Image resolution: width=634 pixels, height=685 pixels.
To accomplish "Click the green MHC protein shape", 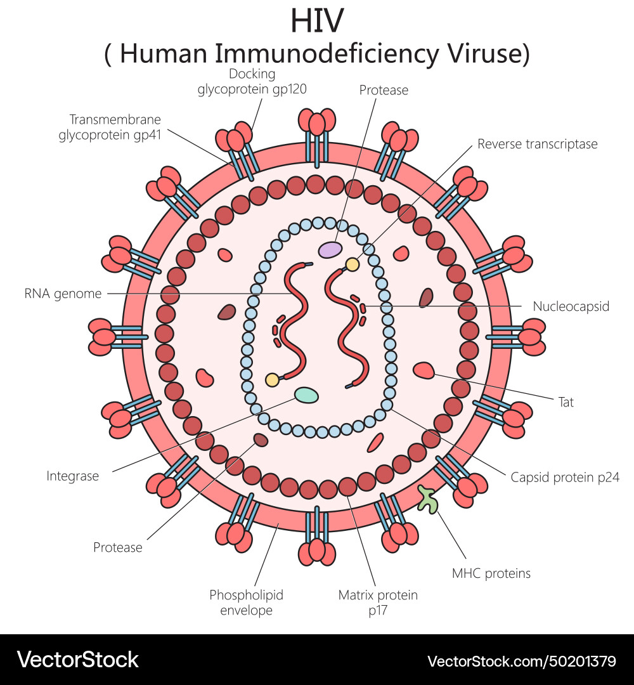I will [x=429, y=499].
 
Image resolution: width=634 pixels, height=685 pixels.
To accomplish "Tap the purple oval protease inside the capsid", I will [x=330, y=250].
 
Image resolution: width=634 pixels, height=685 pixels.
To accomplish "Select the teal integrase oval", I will [x=306, y=395].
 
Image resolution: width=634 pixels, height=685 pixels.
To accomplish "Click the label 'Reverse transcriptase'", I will [x=537, y=144].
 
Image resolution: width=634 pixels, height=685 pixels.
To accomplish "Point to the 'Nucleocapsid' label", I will [x=571, y=306].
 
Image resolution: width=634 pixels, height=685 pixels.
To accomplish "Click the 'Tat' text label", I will [x=566, y=401].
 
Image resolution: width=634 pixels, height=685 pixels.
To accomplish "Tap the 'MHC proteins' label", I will [x=491, y=573].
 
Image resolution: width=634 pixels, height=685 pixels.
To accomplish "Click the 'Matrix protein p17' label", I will [x=378, y=603].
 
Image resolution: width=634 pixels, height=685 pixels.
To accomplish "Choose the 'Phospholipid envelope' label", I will [x=246, y=603].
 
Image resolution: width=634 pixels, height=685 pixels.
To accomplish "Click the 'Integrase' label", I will [x=73, y=476].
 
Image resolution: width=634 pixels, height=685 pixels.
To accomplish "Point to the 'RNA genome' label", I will [x=63, y=294].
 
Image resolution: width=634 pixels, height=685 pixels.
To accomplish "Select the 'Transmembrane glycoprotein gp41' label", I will [x=110, y=126].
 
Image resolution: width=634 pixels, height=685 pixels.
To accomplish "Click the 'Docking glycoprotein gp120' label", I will [x=252, y=82].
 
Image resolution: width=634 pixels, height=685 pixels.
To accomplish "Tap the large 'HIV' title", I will [x=317, y=21].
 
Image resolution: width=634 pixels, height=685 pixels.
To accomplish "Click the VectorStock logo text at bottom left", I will [x=77, y=660].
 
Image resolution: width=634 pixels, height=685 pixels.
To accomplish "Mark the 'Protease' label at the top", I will [x=384, y=90].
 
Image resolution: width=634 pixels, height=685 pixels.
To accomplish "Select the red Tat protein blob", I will [x=424, y=370].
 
